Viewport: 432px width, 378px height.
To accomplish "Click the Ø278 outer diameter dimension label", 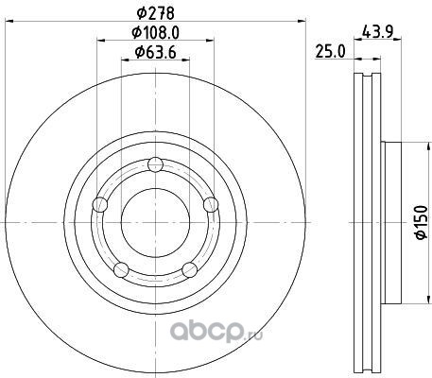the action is pos(155,13).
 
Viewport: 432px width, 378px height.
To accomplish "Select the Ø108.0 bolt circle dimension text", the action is pos(155,32).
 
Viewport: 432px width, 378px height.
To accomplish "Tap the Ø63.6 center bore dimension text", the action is pos(155,52).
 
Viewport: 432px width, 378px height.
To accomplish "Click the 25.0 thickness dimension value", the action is pos(330,52).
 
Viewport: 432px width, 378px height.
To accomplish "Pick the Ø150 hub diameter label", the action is pos(422,222).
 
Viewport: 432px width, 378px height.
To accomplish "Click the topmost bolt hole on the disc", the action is pos(155,164).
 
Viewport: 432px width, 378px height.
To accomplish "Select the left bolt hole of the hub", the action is pos(100,204).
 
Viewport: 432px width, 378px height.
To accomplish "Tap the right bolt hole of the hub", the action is pos(211,204).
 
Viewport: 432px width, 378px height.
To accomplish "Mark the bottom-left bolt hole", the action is pos(121,269).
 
